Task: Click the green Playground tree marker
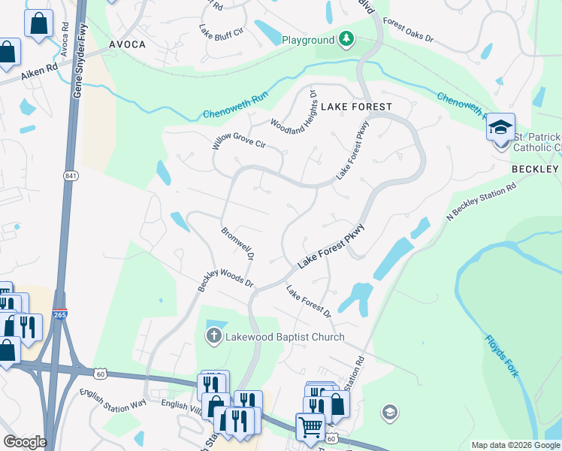pyautogui.click(x=346, y=39)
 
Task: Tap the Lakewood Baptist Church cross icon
pyautogui.click(x=214, y=337)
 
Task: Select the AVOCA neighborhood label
pyautogui.click(x=127, y=44)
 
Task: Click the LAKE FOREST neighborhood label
pyautogui.click(x=356, y=107)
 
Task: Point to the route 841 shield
pyautogui.click(x=70, y=176)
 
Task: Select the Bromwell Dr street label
pyautogui.click(x=237, y=245)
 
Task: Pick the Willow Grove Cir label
pyautogui.click(x=239, y=133)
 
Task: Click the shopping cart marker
pyautogui.click(x=310, y=427)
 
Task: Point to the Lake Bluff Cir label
pyautogui.click(x=222, y=33)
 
